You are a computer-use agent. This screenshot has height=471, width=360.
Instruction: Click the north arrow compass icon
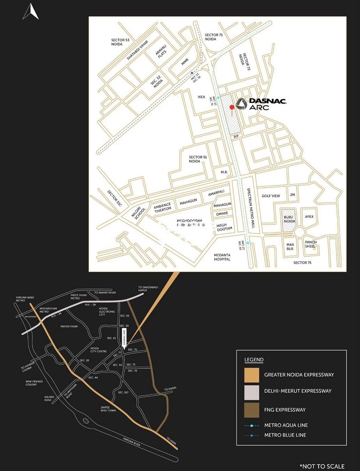click(x=31, y=11)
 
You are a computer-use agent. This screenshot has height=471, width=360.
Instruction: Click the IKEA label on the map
click(x=201, y=97)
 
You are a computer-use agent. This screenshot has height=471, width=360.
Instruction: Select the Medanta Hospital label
click(x=222, y=256)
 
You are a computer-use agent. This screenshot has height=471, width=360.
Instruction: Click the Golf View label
click(x=271, y=196)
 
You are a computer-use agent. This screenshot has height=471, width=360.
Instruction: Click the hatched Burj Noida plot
click(x=288, y=221)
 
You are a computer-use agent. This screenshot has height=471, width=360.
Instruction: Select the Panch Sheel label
click(x=311, y=244)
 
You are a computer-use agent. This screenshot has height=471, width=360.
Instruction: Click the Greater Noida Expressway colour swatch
click(x=251, y=375)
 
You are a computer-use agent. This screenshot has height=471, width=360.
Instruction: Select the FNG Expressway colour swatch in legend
click(x=251, y=410)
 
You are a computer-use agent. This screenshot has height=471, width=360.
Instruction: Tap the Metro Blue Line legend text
click(x=285, y=435)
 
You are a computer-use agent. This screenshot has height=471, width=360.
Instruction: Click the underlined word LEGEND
click(x=254, y=359)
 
